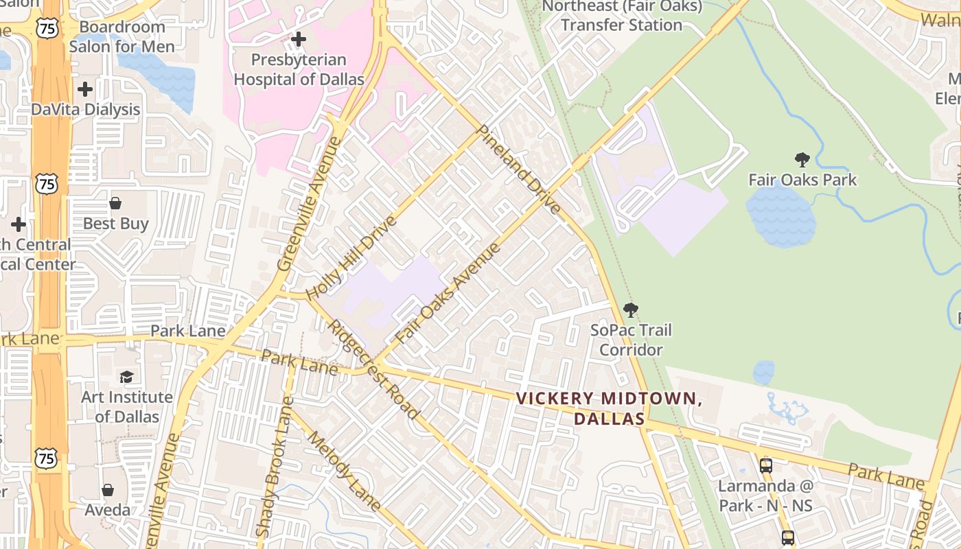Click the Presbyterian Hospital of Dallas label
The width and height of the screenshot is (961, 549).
coord(299,69)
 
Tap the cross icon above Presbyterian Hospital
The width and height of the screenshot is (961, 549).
coord(299,39)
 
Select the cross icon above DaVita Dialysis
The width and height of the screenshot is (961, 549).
coord(85,89)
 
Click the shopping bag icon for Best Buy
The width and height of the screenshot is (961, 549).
coord(115,203)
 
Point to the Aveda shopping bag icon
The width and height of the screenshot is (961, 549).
coord(108,490)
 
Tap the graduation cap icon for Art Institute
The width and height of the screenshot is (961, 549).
coord(126,377)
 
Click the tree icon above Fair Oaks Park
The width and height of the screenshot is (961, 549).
coord(802,160)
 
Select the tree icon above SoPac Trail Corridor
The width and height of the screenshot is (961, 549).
coord(630,310)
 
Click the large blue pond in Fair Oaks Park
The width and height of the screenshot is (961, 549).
coord(780,215)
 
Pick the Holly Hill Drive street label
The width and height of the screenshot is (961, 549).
coord(351,258)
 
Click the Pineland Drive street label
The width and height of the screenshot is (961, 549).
coord(518,169)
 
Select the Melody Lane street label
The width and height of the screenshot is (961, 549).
coord(343,471)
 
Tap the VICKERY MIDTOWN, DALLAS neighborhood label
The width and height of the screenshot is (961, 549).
coord(609,408)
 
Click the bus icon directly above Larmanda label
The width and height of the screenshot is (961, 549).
coord(766,465)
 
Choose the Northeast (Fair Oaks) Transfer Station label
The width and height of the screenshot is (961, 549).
coord(622,16)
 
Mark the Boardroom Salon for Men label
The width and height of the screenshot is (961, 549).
coord(121,37)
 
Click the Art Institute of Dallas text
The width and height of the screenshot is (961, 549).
coord(127,406)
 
